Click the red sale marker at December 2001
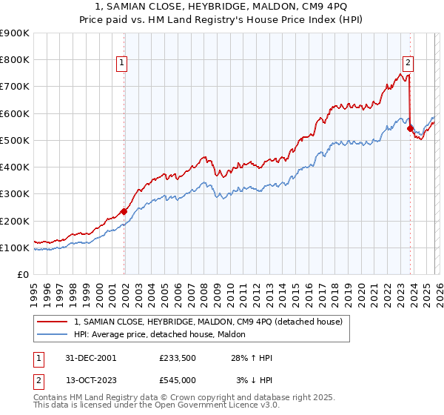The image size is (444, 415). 124,211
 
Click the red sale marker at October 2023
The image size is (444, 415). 410,127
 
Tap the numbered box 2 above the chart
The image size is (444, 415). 408,64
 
